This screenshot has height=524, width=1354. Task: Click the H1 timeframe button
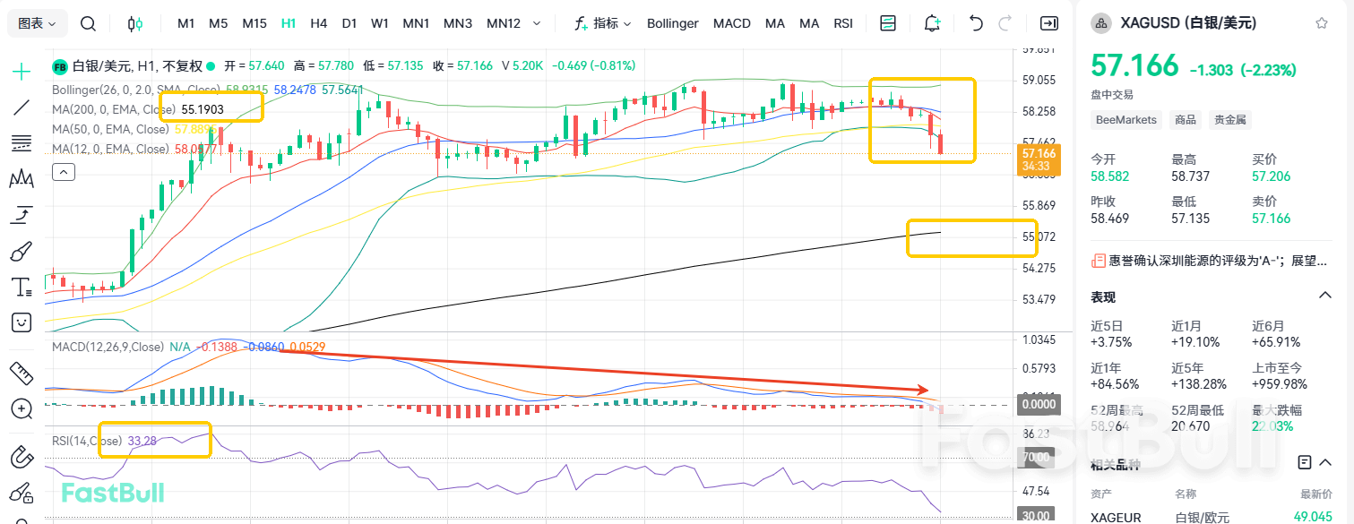289,23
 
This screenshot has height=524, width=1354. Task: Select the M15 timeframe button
254,23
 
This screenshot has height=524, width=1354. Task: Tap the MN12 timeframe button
503,23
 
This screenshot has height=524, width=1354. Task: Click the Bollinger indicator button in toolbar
672,23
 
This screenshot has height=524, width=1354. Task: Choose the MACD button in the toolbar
731,23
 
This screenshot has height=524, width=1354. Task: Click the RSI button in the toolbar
843,23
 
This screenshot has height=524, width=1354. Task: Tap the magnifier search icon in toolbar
88,23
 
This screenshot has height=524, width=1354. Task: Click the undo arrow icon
977,23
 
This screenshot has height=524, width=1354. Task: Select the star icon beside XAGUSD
1322,23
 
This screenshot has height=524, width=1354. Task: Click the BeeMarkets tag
1126,119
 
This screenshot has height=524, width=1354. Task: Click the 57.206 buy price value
1272,176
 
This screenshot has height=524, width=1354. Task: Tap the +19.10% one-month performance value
1194,342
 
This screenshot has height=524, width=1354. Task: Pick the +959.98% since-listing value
1279,384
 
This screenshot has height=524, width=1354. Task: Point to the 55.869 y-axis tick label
1038,205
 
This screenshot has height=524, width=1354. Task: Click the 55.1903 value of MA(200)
203,109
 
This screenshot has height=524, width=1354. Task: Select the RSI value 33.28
142,441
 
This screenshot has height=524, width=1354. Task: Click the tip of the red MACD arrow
927,390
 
